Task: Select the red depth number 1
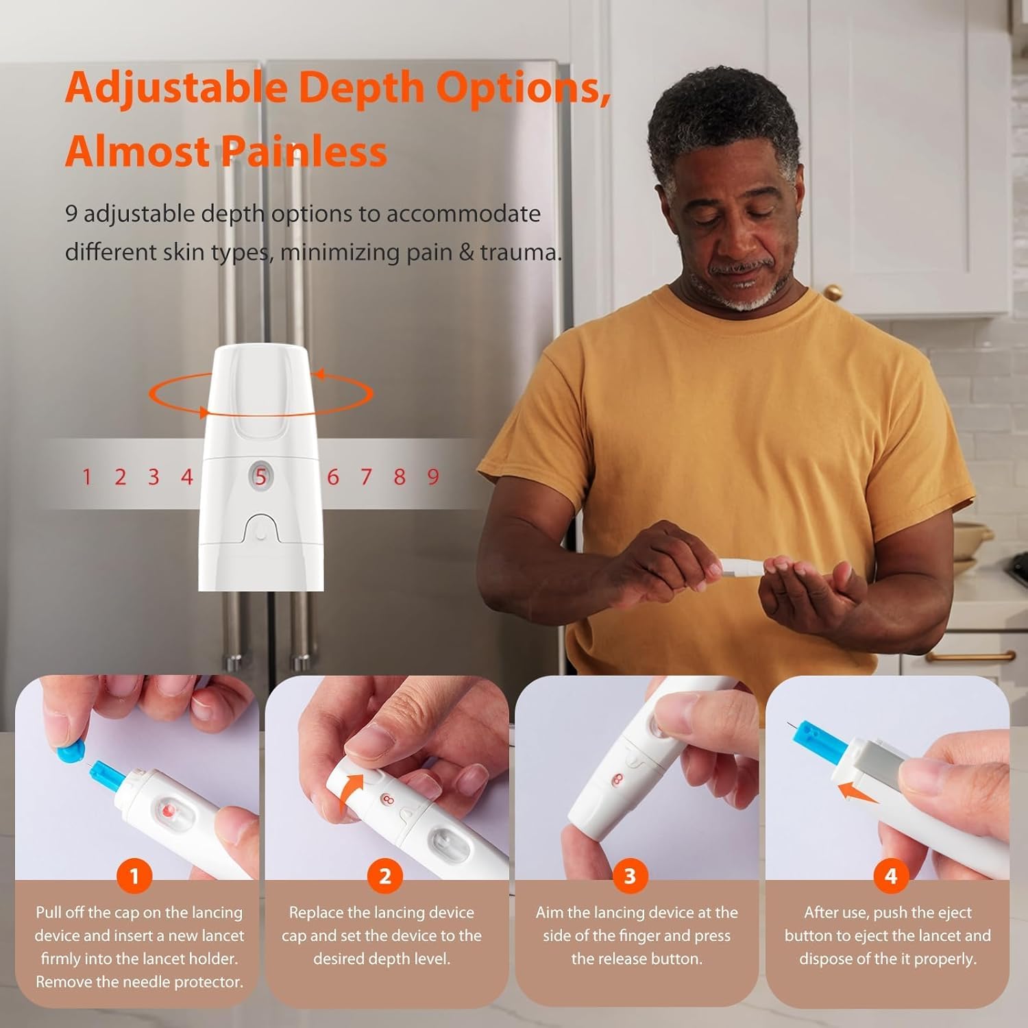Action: [86, 477]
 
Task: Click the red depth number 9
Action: [433, 477]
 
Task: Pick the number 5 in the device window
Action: [260, 476]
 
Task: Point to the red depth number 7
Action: [366, 477]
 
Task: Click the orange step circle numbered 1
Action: [134, 876]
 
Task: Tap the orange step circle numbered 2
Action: [384, 876]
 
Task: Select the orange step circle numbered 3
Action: [629, 876]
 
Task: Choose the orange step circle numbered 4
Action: [890, 876]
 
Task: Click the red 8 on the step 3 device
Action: [619, 780]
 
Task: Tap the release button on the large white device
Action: [260, 530]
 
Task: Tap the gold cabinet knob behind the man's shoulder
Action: [832, 293]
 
